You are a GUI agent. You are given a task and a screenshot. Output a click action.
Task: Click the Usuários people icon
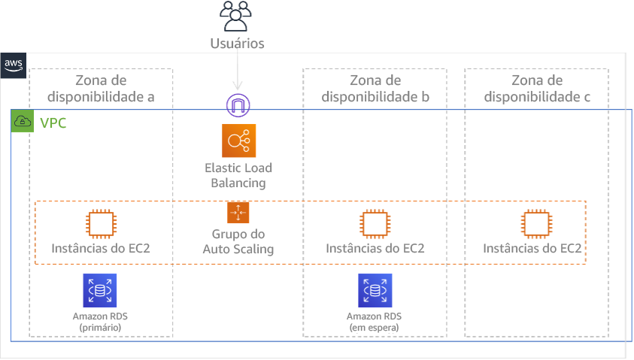point(238,16)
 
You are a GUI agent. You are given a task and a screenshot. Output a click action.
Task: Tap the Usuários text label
point(238,44)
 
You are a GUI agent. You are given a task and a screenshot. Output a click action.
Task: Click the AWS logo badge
point(14,65)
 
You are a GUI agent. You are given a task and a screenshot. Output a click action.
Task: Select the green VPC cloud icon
point(23,122)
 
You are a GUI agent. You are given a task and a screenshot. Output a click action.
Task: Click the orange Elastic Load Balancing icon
point(238,141)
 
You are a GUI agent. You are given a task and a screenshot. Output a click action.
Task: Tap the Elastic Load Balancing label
point(238,175)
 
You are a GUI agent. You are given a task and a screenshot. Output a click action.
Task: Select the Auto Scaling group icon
point(238,213)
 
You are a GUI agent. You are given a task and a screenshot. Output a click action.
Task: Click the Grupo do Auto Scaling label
point(238,241)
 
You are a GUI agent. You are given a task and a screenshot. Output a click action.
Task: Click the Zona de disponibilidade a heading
point(101,89)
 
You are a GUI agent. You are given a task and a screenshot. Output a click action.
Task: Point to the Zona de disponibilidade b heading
point(375,89)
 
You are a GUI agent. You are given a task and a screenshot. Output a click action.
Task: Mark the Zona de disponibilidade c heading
point(536,89)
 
